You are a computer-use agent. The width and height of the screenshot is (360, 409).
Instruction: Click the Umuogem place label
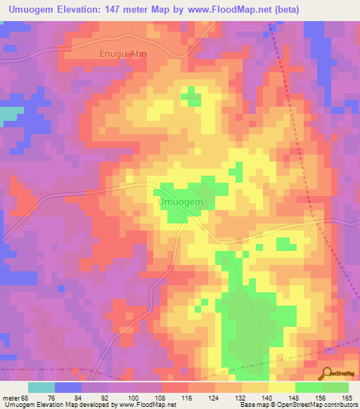(181, 202)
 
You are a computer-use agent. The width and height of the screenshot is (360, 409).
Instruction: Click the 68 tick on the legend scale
(25, 398)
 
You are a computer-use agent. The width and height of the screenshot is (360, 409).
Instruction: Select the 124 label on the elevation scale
(215, 398)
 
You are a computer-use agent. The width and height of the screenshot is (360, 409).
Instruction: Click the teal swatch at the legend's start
(41, 387)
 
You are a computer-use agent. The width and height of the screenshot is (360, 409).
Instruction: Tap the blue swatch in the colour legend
(68, 387)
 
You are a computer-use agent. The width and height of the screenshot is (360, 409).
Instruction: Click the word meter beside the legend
(11, 398)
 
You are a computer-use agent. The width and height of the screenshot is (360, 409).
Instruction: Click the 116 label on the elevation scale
(188, 398)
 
